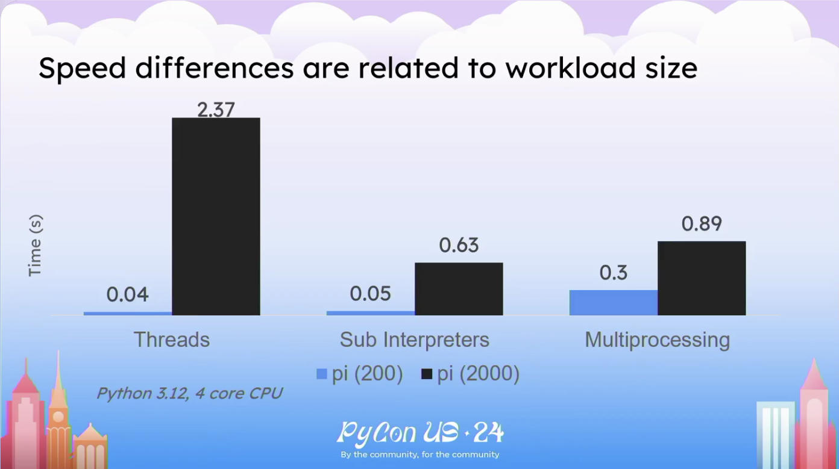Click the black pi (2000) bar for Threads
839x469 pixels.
point(216,217)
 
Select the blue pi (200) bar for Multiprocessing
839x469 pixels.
point(614,303)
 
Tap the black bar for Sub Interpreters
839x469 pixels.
point(459,289)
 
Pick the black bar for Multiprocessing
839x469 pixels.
point(702,278)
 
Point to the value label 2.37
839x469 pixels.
point(216,110)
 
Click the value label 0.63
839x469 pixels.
point(459,245)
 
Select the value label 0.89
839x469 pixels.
point(702,223)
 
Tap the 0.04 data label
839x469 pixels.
point(127,294)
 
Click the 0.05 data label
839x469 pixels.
point(370,294)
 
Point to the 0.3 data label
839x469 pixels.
point(613,273)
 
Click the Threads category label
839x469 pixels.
point(172,340)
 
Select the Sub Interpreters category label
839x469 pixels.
point(415,340)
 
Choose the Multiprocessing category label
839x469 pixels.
point(658,340)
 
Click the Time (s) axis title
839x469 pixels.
point(35,246)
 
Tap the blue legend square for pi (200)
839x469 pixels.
point(321,374)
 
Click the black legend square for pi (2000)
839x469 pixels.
point(427,374)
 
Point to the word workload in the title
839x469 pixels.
point(570,68)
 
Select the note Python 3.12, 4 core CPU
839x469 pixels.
point(189,394)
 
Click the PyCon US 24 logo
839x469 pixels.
point(420,439)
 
